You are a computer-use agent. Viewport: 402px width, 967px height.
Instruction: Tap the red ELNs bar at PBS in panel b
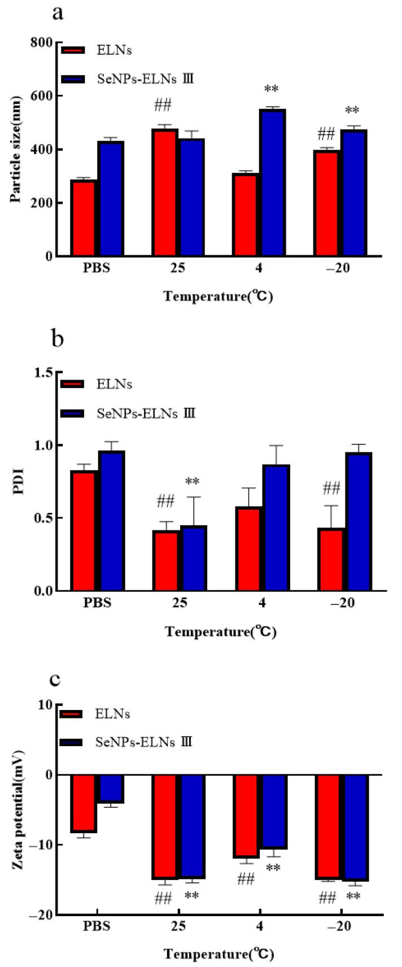tap(83, 531)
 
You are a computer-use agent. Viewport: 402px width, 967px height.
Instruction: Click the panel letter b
tap(58, 340)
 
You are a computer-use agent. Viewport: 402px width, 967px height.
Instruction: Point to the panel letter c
tap(56, 678)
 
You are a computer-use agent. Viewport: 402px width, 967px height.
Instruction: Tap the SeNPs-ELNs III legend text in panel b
tap(146, 413)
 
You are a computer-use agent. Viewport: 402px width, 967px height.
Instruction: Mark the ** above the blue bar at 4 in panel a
tap(272, 90)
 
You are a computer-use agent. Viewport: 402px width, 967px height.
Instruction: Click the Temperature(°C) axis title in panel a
tap(219, 296)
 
